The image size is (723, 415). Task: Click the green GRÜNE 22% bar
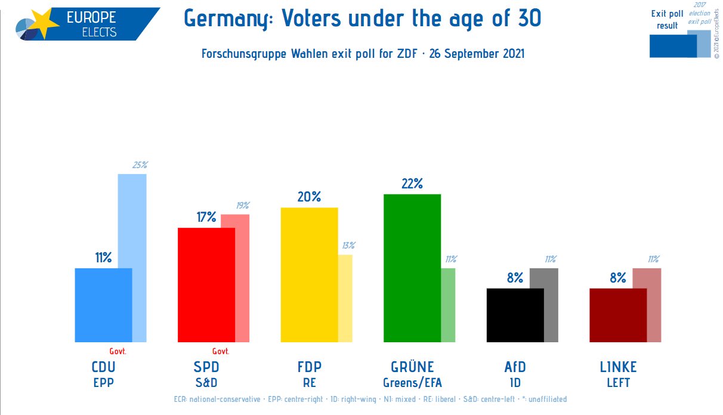point(412,268)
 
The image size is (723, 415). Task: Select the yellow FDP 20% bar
point(309,274)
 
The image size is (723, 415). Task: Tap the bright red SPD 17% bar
point(206,284)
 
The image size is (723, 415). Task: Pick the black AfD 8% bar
point(515,315)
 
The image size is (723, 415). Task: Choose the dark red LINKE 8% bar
point(617,315)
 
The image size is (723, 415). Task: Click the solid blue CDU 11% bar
point(103,305)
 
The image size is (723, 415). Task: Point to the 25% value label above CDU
point(140,165)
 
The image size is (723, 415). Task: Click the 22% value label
point(412,184)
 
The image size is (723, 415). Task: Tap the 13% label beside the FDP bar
point(348,245)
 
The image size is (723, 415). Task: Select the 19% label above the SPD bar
point(242,205)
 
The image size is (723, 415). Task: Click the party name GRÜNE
point(412,367)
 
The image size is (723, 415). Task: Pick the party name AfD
point(514,367)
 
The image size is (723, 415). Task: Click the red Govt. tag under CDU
point(118,351)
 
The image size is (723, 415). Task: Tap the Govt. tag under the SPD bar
point(221,351)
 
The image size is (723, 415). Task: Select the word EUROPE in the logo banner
point(91,17)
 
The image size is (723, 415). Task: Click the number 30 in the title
point(529,18)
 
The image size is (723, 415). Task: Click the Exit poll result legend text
point(667,20)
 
